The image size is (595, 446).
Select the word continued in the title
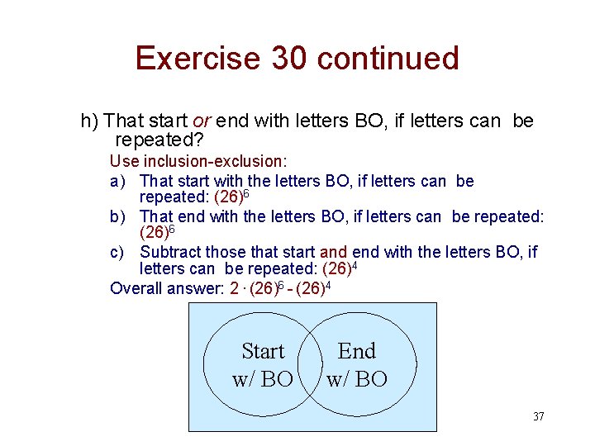[x=388, y=59]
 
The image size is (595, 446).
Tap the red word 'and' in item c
[x=333, y=252]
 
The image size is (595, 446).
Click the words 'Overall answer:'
[x=167, y=287]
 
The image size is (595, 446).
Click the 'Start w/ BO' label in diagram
[x=263, y=365]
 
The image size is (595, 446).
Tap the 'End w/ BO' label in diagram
[x=357, y=365]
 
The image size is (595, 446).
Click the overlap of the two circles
[x=310, y=365]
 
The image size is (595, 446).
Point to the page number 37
[x=538, y=416]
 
